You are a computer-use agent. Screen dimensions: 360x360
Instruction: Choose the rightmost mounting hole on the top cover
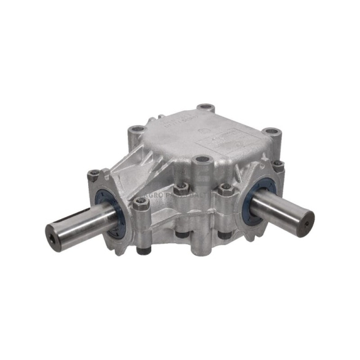[x=269, y=132]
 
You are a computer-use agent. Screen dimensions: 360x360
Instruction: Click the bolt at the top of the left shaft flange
[x=94, y=176]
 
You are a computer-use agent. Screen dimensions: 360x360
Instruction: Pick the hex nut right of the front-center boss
[x=225, y=188]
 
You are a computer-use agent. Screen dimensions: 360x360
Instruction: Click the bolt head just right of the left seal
[x=142, y=206]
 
